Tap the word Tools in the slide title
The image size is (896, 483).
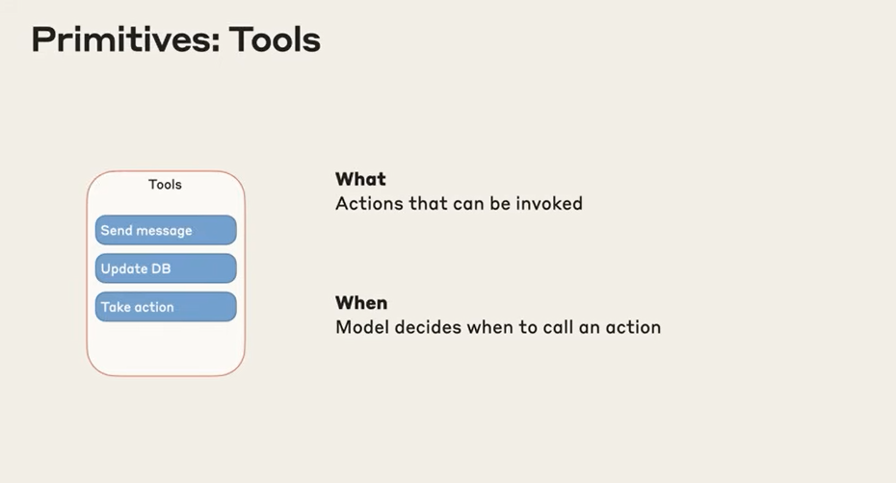click(275, 40)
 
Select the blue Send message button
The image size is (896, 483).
click(166, 230)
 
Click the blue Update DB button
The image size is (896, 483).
click(166, 268)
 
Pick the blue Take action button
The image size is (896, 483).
click(166, 307)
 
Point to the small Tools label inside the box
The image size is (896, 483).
click(165, 185)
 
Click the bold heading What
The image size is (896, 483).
click(360, 179)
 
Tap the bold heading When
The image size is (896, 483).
click(361, 302)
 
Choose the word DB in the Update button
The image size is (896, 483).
click(161, 268)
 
